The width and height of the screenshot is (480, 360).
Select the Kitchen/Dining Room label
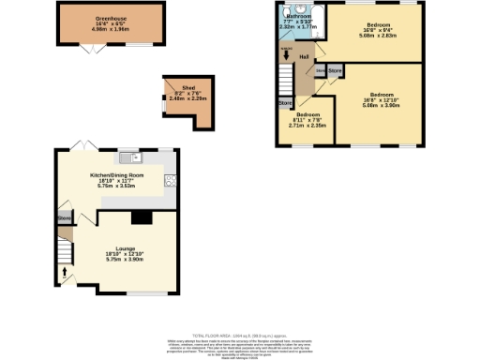(x=115, y=175)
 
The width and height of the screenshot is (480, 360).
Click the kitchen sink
(x=136, y=157)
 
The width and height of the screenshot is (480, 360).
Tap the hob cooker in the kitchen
(x=171, y=180)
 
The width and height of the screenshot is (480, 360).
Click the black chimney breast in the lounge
(x=141, y=218)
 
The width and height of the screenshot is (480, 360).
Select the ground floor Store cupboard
(x=64, y=218)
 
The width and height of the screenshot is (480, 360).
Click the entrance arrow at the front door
(x=65, y=275)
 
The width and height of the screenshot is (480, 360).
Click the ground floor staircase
(x=64, y=251)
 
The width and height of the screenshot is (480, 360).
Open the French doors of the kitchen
(x=82, y=145)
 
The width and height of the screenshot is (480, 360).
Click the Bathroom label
(x=300, y=17)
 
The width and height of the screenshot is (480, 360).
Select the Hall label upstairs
(x=304, y=57)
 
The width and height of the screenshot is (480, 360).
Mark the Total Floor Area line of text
(x=239, y=335)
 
